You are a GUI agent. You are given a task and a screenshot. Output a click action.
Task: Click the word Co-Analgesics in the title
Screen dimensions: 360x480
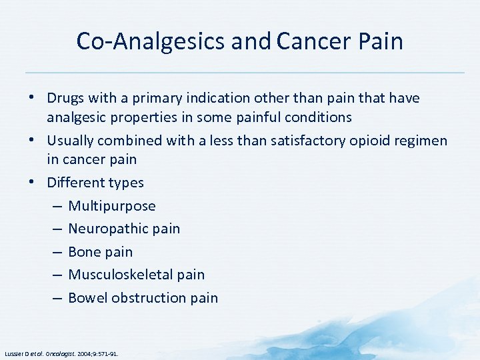point(151,41)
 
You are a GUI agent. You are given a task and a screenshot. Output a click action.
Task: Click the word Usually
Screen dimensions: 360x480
point(71,141)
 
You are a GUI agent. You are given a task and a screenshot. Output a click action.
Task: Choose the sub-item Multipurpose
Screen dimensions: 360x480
point(112,206)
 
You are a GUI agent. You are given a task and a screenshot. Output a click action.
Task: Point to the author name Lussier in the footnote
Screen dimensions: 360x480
point(15,353)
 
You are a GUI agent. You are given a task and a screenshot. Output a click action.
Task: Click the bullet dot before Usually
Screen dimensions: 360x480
point(32,141)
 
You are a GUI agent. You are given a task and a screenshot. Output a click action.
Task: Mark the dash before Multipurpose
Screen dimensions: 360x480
point(57,206)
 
